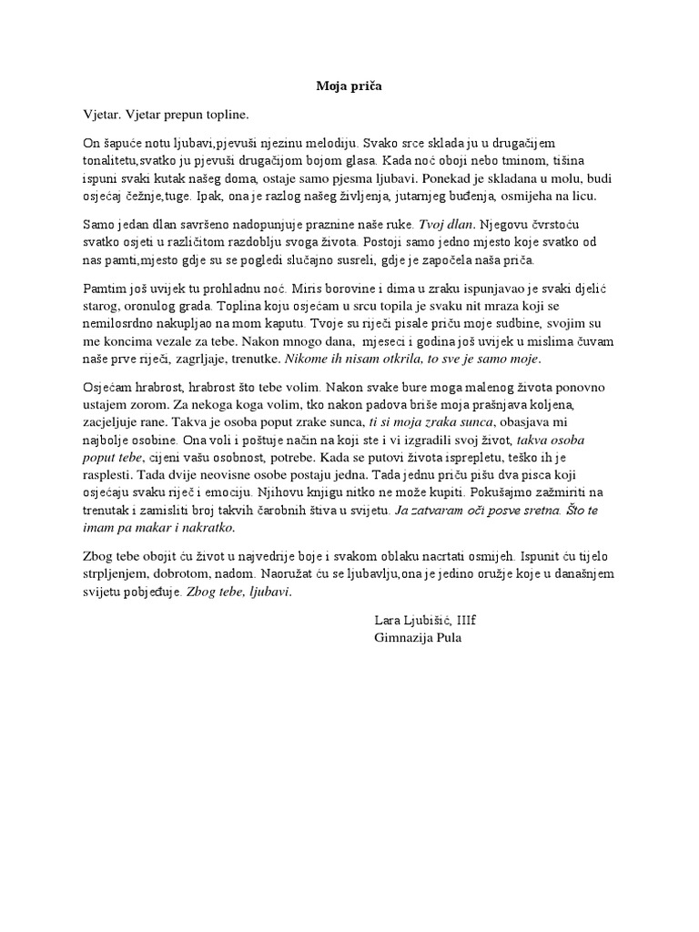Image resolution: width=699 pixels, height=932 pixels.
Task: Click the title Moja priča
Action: (x=349, y=87)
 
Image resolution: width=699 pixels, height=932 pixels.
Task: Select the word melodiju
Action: (x=330, y=143)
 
